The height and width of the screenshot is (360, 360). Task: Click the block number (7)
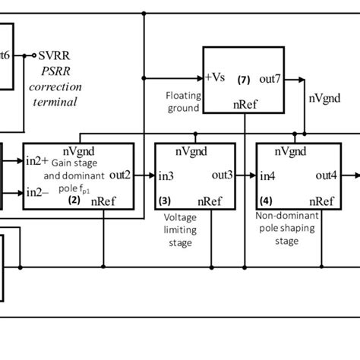pyautogui.click(x=243, y=79)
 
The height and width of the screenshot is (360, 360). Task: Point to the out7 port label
pyautogui.click(x=272, y=79)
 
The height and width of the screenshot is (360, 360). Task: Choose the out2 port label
pyautogui.click(x=120, y=175)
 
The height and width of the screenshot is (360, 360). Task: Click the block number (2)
pyautogui.click(x=74, y=201)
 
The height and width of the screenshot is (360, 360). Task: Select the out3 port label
pyautogui.click(x=222, y=175)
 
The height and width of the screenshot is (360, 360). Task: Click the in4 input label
pyautogui.click(x=267, y=176)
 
